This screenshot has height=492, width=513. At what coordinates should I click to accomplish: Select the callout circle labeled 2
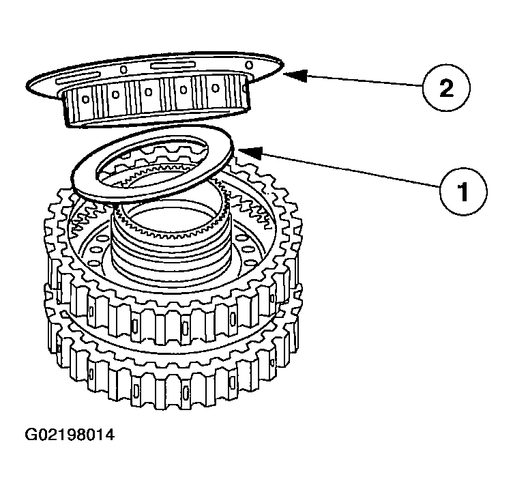pyautogui.click(x=443, y=89)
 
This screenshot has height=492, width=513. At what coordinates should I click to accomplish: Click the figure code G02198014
pyautogui.click(x=70, y=434)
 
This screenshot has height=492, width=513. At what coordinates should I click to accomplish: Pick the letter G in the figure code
pyautogui.click(x=32, y=434)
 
